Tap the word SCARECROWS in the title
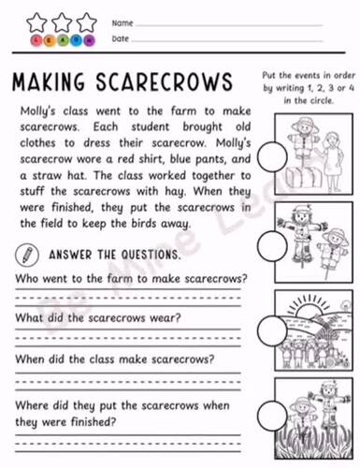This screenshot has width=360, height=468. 168,80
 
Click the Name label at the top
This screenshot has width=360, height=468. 121,22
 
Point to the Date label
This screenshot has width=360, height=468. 120,39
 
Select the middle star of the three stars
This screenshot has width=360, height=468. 62,22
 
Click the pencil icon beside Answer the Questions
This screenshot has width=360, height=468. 26,252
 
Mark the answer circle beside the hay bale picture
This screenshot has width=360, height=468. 271,154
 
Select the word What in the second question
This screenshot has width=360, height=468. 29,316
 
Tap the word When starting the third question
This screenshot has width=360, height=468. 30,358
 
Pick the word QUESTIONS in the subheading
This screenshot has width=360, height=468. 142,253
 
